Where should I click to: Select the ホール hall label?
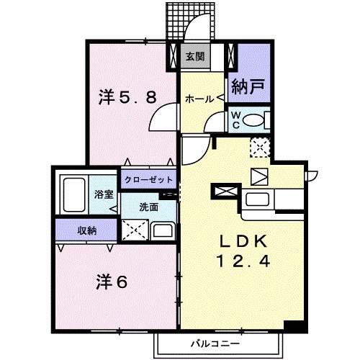(x=198, y=99)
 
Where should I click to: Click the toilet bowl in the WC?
(x=256, y=121)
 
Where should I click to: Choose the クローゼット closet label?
(x=149, y=179)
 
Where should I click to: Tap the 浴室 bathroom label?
(x=104, y=193)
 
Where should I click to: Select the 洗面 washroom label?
(x=149, y=207)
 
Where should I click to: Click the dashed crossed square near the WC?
(x=259, y=148)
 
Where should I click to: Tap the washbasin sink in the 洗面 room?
(x=163, y=231)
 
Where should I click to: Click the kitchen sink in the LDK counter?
(x=257, y=199)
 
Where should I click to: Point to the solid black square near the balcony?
(x=290, y=325)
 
